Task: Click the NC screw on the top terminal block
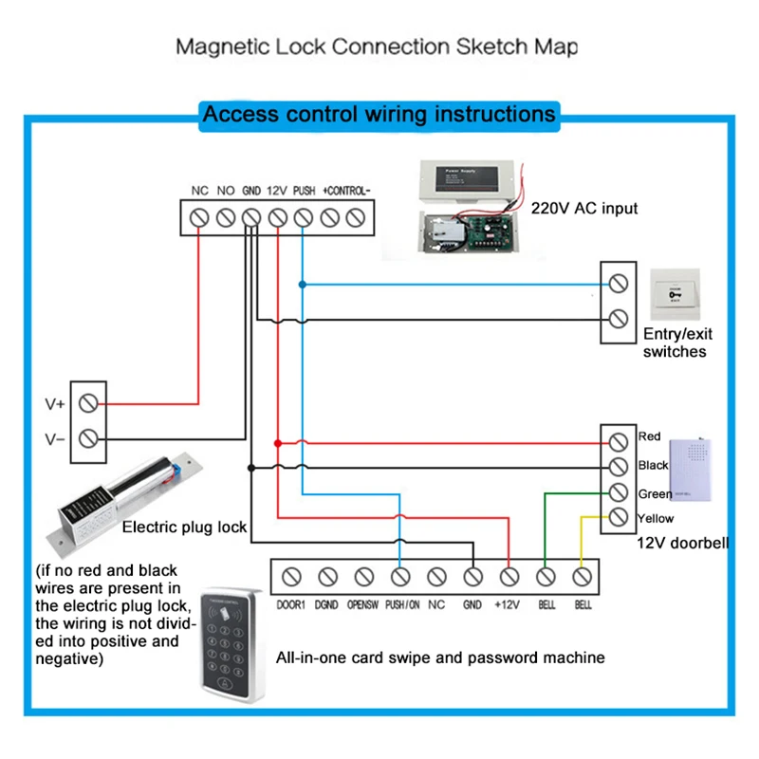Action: point(199,217)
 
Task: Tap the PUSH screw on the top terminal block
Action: point(304,217)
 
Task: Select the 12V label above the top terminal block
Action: point(277,191)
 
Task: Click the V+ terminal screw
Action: point(88,403)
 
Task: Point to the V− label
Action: point(54,438)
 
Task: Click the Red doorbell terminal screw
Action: point(619,441)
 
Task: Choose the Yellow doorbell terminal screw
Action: point(619,517)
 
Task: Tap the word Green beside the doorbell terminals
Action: point(654,492)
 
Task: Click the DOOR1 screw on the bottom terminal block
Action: point(291,576)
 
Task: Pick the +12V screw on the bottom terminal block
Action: point(509,576)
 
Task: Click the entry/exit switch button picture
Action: point(676,296)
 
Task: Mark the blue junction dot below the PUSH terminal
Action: point(303,284)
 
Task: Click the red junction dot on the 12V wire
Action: point(277,443)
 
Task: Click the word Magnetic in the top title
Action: point(217,46)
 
